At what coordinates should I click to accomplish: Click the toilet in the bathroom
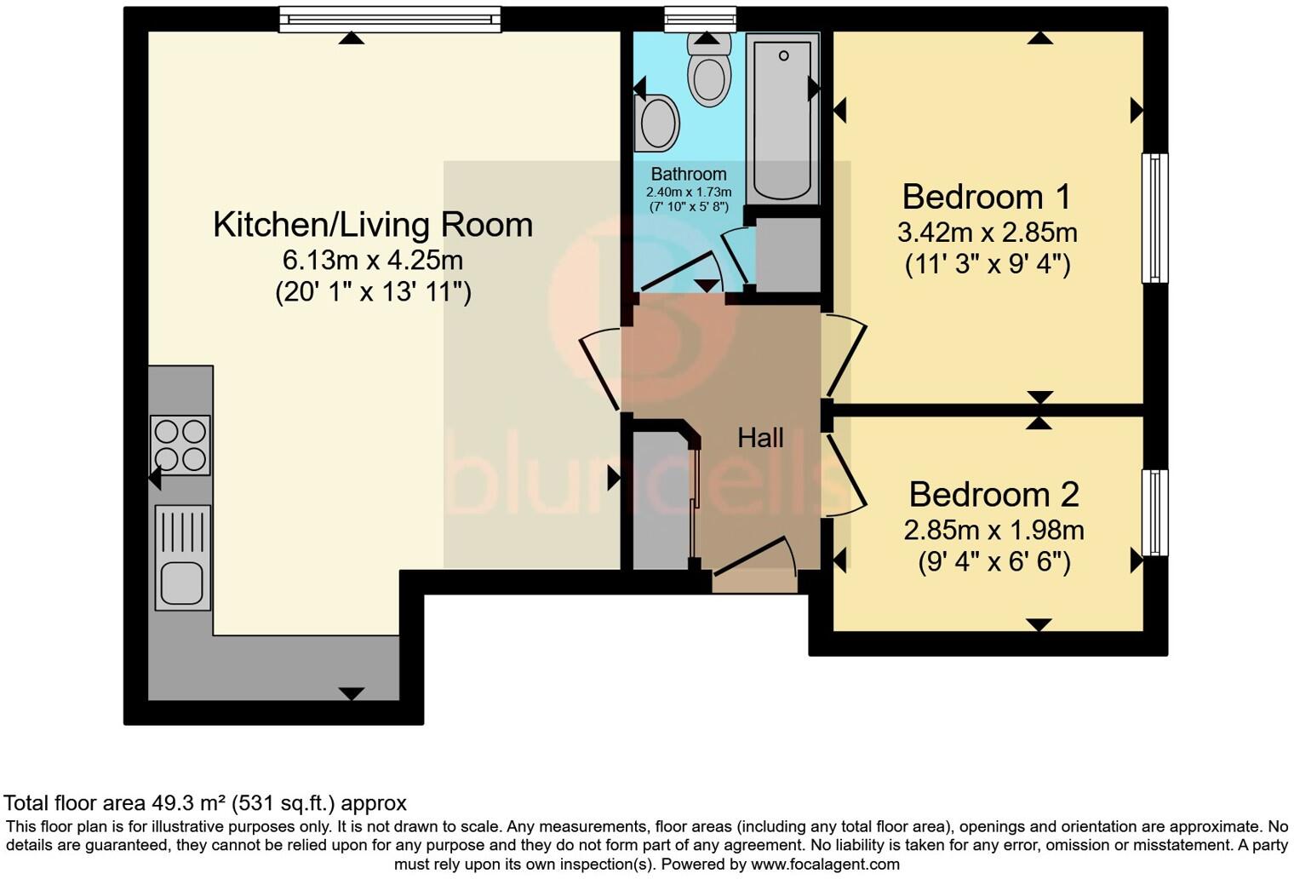tap(708, 72)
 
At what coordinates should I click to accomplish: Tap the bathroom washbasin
tap(656, 123)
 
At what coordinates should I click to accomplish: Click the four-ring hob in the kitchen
tap(180, 445)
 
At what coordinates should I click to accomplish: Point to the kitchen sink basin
tap(182, 582)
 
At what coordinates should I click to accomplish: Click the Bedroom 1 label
tap(986, 197)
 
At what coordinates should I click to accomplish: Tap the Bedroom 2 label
tap(993, 495)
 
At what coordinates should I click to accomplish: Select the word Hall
tap(760, 438)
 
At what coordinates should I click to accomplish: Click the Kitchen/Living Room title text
tap(373, 225)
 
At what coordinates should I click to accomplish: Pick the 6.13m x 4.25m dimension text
tap(373, 259)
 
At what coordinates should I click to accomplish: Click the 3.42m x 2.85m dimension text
tap(987, 233)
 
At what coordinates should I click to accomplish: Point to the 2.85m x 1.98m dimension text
tap(993, 531)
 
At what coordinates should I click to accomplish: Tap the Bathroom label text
tap(689, 175)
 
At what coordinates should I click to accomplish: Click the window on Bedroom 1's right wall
tap(1154, 217)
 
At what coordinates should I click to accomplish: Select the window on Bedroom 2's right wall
tap(1154, 513)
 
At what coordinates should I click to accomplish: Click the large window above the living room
tap(390, 19)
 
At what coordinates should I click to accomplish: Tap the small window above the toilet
tap(700, 19)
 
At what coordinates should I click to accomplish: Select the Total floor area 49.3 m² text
tap(205, 803)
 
